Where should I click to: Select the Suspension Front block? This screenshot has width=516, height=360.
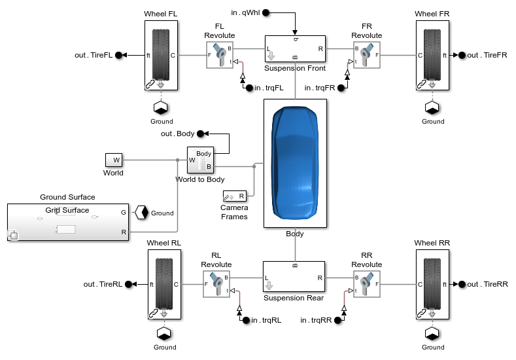coord(294,49)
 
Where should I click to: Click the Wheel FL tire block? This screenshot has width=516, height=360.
coord(162,55)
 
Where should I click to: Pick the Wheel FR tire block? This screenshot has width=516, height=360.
coord(432,55)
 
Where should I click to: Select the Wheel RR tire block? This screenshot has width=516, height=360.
coord(432,284)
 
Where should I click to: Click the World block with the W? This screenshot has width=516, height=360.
coord(114,160)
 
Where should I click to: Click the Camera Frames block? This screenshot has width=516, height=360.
coord(234,196)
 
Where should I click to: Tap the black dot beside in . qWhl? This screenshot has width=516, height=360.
coord(267,12)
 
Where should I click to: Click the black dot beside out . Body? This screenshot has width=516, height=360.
coord(201,134)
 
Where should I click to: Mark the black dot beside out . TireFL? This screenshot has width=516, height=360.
coord(119,56)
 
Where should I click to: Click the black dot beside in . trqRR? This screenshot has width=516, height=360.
coord(337,320)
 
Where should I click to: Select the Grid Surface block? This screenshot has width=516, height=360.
coord(67,223)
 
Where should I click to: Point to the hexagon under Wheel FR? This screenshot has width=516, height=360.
coord(432,107)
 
